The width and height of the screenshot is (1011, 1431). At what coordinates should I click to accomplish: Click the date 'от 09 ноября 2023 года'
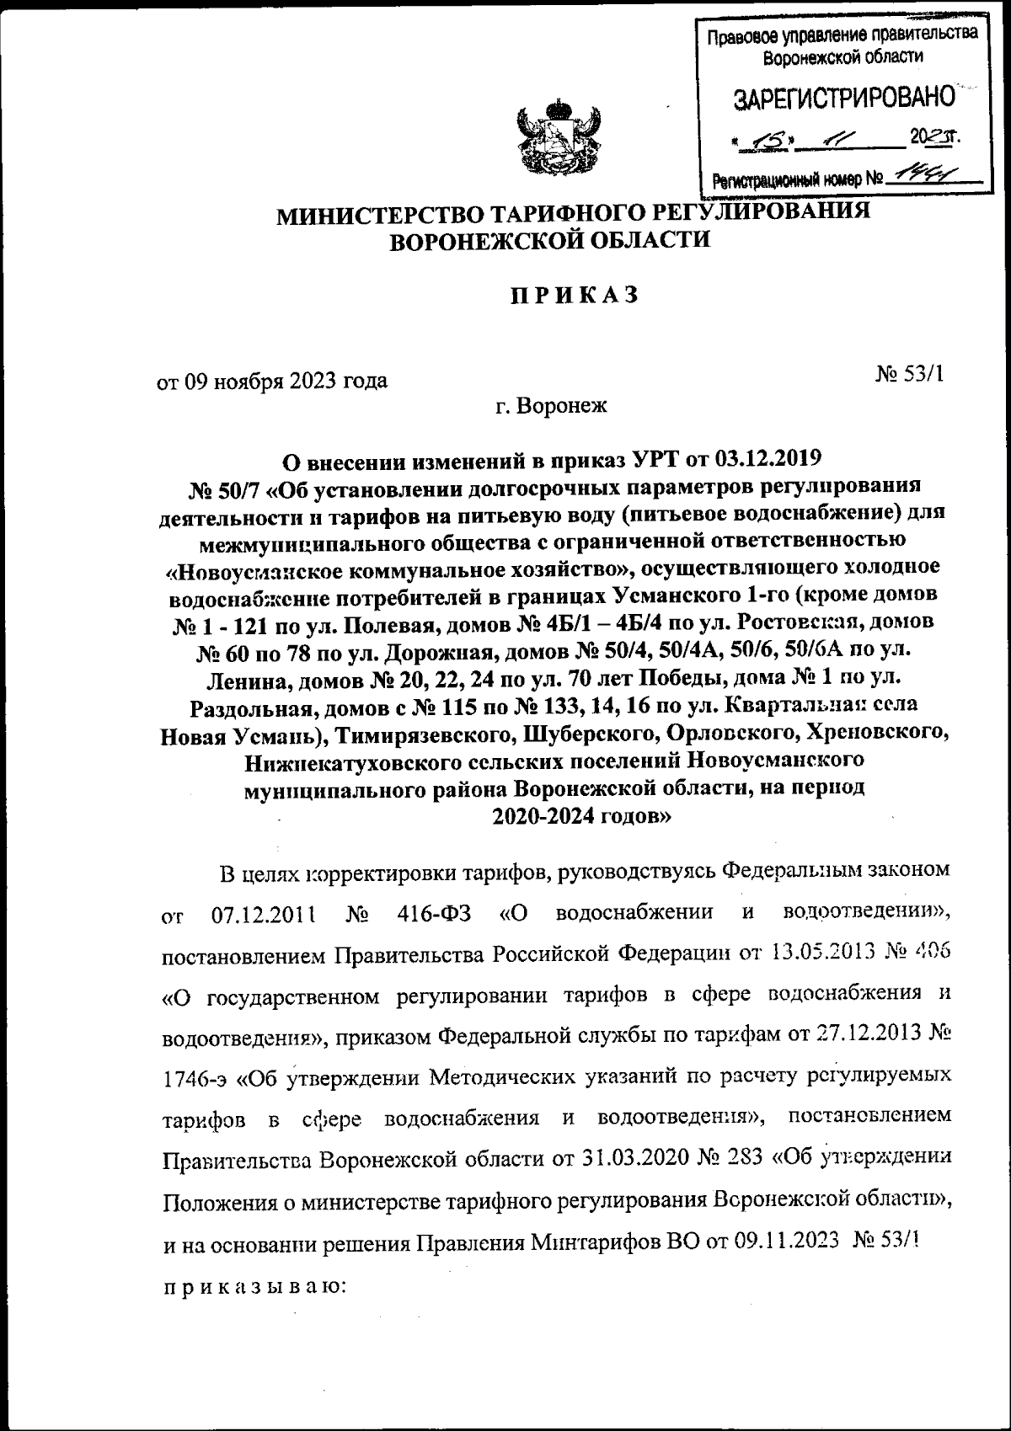(273, 381)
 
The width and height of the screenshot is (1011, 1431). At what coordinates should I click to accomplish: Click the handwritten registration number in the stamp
(921, 177)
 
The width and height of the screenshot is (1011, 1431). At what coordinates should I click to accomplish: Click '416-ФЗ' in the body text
(433, 913)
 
